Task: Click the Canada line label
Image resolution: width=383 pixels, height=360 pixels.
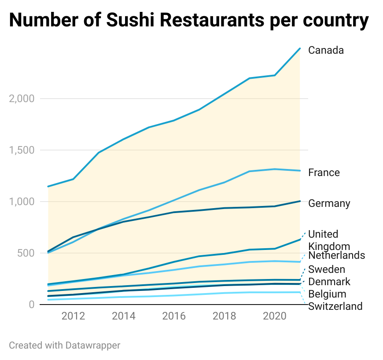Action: coord(326,50)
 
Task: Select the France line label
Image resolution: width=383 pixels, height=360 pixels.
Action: coord(324,173)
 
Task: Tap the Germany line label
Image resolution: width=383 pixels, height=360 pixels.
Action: coord(329,203)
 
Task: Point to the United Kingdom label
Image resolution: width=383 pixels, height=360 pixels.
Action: coord(329,240)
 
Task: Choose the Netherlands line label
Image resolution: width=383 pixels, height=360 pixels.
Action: coord(337,255)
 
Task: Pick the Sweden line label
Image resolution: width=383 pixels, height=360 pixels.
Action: coord(326,269)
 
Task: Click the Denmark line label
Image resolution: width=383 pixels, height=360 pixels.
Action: coord(329,282)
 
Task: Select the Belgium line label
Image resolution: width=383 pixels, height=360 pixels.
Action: coord(327,294)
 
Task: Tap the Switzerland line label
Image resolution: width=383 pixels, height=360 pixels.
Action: coord(335,306)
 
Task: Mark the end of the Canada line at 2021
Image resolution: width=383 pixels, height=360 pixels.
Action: coord(300,48)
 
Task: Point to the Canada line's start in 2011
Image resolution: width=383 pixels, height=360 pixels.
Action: coord(48,186)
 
